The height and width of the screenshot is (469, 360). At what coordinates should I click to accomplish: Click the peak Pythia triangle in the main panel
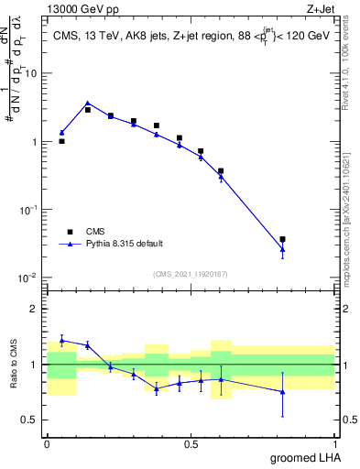87,104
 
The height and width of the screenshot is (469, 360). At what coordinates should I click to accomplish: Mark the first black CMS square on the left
61,141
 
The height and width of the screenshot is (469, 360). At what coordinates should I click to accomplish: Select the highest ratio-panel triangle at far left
61,340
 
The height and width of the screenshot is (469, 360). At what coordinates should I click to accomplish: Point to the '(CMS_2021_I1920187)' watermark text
190,272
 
